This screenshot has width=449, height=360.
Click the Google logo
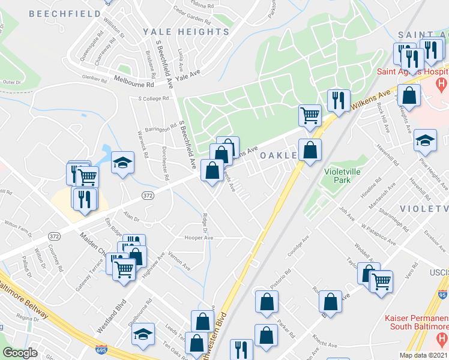click(x=20, y=353)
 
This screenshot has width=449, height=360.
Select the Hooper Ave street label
click(x=199, y=238)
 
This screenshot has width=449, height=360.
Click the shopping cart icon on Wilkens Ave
click(x=310, y=114)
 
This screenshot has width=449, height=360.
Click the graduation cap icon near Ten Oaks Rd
click(x=143, y=334)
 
